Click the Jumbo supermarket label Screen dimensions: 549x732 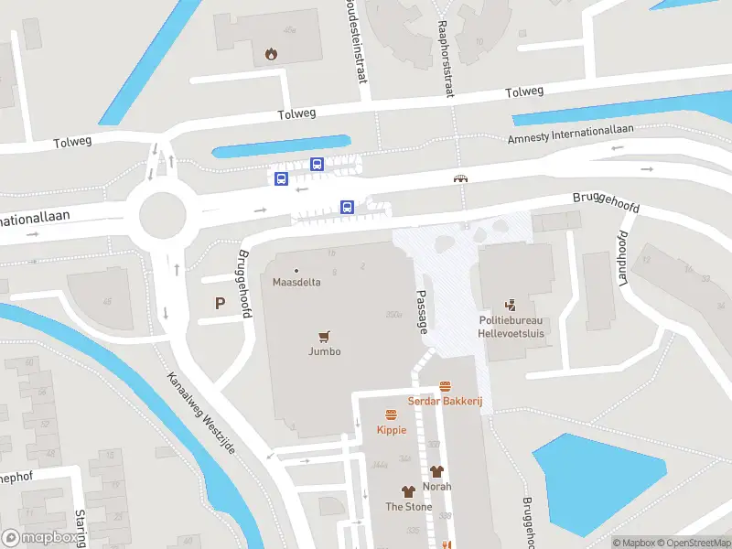coord(323,351)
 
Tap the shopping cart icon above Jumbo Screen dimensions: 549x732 coord(323,336)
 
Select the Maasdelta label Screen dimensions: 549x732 coord(296,282)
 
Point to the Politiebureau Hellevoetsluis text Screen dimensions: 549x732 coord(511,327)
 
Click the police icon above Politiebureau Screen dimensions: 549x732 coord(511,306)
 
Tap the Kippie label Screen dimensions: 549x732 coord(391,429)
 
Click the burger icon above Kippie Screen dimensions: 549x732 coord(391,414)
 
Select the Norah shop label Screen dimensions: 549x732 coord(436,487)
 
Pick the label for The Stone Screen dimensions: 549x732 coord(408,507)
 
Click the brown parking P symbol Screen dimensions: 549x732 coord(219,304)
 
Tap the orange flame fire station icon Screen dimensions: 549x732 coord(271,54)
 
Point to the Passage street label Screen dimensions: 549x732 coord(423,313)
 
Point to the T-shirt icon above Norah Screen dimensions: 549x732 coord(436,471)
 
